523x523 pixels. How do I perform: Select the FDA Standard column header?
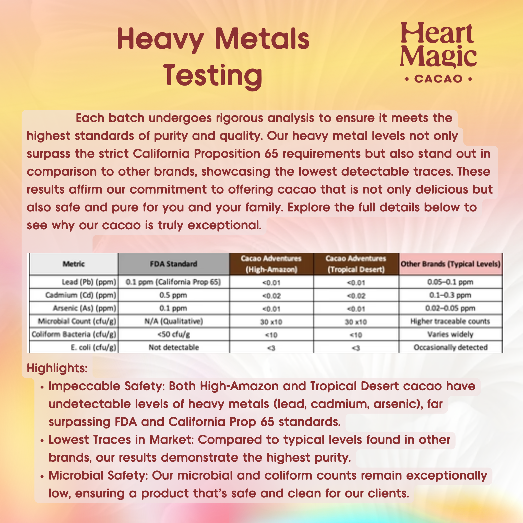(173, 264)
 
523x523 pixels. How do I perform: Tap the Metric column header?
(74, 264)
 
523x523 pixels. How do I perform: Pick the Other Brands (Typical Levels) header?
(450, 264)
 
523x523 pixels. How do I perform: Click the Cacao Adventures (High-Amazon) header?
(271, 264)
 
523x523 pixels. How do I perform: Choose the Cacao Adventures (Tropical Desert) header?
(356, 264)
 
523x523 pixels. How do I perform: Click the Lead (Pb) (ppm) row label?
(89, 282)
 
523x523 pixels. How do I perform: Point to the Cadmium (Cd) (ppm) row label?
(81, 295)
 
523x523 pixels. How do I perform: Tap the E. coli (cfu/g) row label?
(93, 347)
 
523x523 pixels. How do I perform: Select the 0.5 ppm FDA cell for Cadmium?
(173, 295)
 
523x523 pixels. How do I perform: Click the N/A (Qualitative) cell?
(173, 321)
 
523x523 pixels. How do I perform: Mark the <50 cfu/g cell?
(173, 334)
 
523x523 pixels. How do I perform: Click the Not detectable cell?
(173, 347)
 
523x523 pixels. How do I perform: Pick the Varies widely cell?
(450, 334)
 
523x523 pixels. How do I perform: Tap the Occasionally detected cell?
(450, 347)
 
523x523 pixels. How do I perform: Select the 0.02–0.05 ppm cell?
(450, 308)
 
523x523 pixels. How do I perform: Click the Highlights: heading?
(57, 368)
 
